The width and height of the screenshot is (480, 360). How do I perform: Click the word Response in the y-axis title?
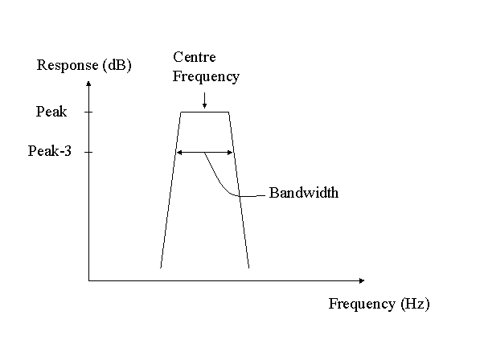click(x=68, y=65)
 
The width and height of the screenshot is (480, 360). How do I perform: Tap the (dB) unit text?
click(x=117, y=65)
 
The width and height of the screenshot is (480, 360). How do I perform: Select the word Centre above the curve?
click(x=195, y=57)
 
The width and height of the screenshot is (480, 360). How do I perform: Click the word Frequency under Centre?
click(x=206, y=76)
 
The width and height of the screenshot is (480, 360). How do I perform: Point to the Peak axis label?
click(x=51, y=112)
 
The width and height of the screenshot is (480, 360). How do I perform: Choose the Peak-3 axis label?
click(x=50, y=151)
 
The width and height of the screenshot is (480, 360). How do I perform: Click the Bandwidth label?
click(x=304, y=193)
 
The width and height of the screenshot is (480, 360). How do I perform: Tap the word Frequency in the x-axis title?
click(x=362, y=304)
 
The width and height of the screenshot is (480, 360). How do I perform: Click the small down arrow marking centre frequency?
click(x=204, y=100)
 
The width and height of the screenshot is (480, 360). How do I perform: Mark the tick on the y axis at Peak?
click(x=88, y=112)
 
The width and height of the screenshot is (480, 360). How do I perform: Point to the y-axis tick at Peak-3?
click(x=88, y=152)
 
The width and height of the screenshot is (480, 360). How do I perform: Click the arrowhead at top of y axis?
click(x=88, y=84)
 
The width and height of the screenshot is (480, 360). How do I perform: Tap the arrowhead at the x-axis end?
click(x=362, y=280)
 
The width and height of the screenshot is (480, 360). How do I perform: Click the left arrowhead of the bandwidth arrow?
click(x=179, y=153)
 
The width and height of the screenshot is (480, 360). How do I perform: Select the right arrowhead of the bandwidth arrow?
click(x=230, y=153)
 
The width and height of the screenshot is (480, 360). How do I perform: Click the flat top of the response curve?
click(x=205, y=112)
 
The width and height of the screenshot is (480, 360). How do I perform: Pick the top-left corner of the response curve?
click(x=181, y=112)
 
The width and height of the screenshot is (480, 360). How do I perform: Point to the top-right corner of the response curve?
click(x=229, y=112)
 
